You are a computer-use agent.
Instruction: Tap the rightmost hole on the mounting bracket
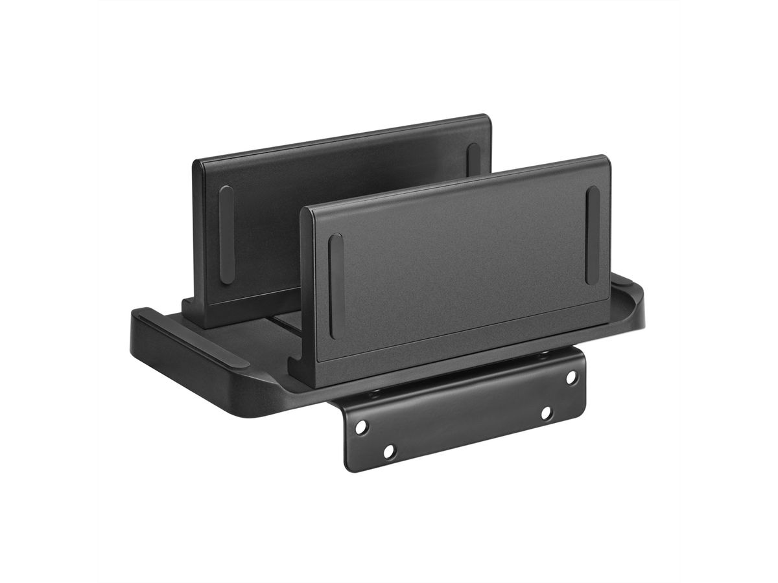571,376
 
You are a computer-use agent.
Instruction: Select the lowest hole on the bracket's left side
388,452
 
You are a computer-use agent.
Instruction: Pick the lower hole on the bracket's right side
547,413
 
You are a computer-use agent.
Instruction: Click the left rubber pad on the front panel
335,285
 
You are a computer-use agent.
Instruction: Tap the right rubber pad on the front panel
592,235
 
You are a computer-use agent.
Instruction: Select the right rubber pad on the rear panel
473,159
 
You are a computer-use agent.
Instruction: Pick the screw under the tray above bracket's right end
543,353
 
